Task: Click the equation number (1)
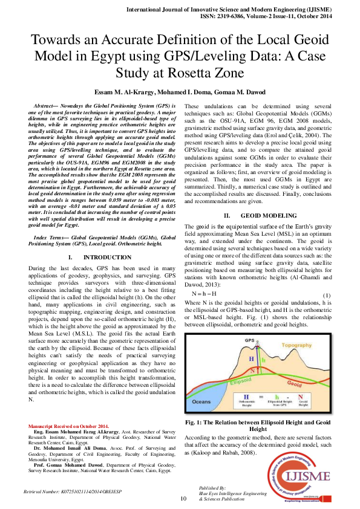click(325, 294)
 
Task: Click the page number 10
click(184, 499)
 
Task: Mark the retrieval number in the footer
click(72, 493)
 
